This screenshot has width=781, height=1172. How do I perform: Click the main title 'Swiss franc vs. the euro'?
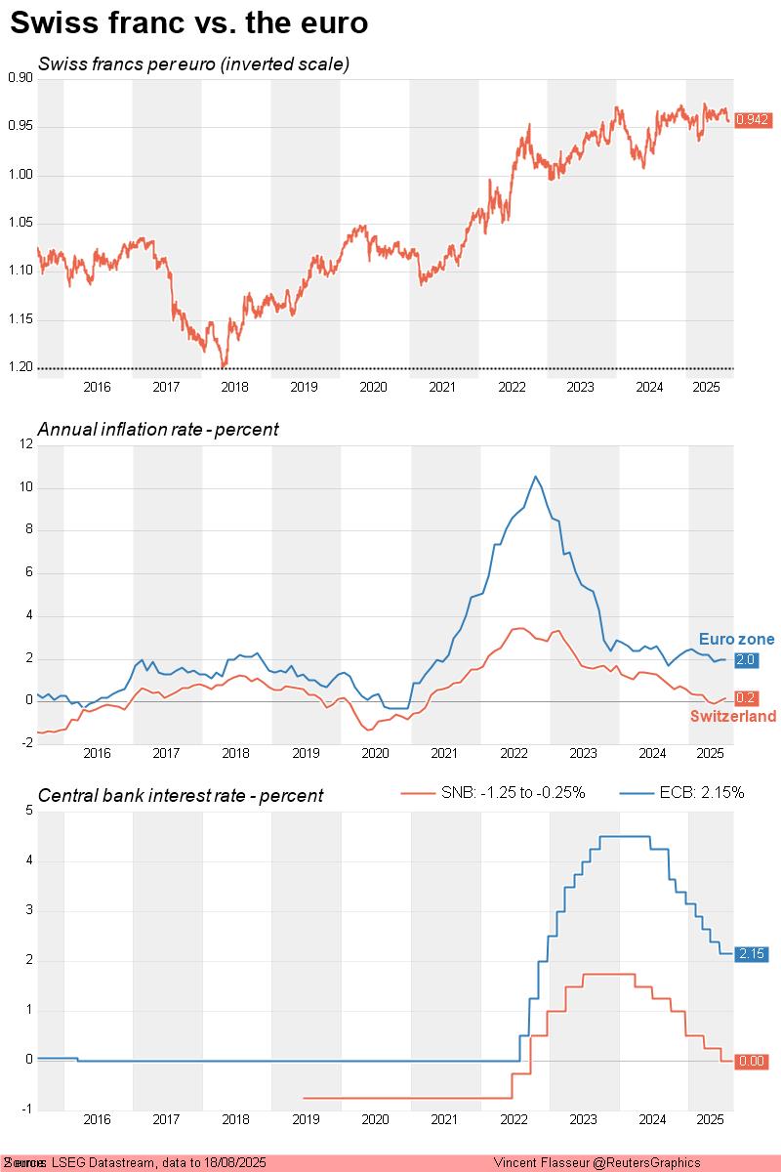coord(188,24)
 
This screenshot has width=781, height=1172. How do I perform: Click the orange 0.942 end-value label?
coord(752,119)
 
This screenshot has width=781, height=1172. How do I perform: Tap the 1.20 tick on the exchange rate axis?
coord(19,367)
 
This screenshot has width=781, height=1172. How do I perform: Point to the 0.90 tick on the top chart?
coord(19,78)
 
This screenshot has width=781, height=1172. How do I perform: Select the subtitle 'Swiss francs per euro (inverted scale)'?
coord(193,64)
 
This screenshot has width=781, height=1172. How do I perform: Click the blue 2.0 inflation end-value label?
coord(745,660)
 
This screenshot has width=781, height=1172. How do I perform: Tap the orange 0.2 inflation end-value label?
coord(745,697)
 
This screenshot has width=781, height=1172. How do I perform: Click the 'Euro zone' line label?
coord(736,640)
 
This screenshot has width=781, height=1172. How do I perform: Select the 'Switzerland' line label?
coord(733,717)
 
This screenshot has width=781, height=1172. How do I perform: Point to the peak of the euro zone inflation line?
coord(535,477)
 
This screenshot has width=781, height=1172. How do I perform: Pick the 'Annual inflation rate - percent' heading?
coord(158,430)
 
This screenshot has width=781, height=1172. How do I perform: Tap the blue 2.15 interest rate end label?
coord(751,953)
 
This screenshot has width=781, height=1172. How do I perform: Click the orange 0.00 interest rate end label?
coord(751,1061)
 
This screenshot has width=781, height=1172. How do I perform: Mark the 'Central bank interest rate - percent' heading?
coord(181,796)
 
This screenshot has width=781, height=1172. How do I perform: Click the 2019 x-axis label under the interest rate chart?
coord(306,1118)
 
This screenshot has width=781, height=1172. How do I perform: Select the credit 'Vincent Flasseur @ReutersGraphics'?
coord(596,1162)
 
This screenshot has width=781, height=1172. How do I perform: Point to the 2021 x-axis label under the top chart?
coord(442,387)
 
